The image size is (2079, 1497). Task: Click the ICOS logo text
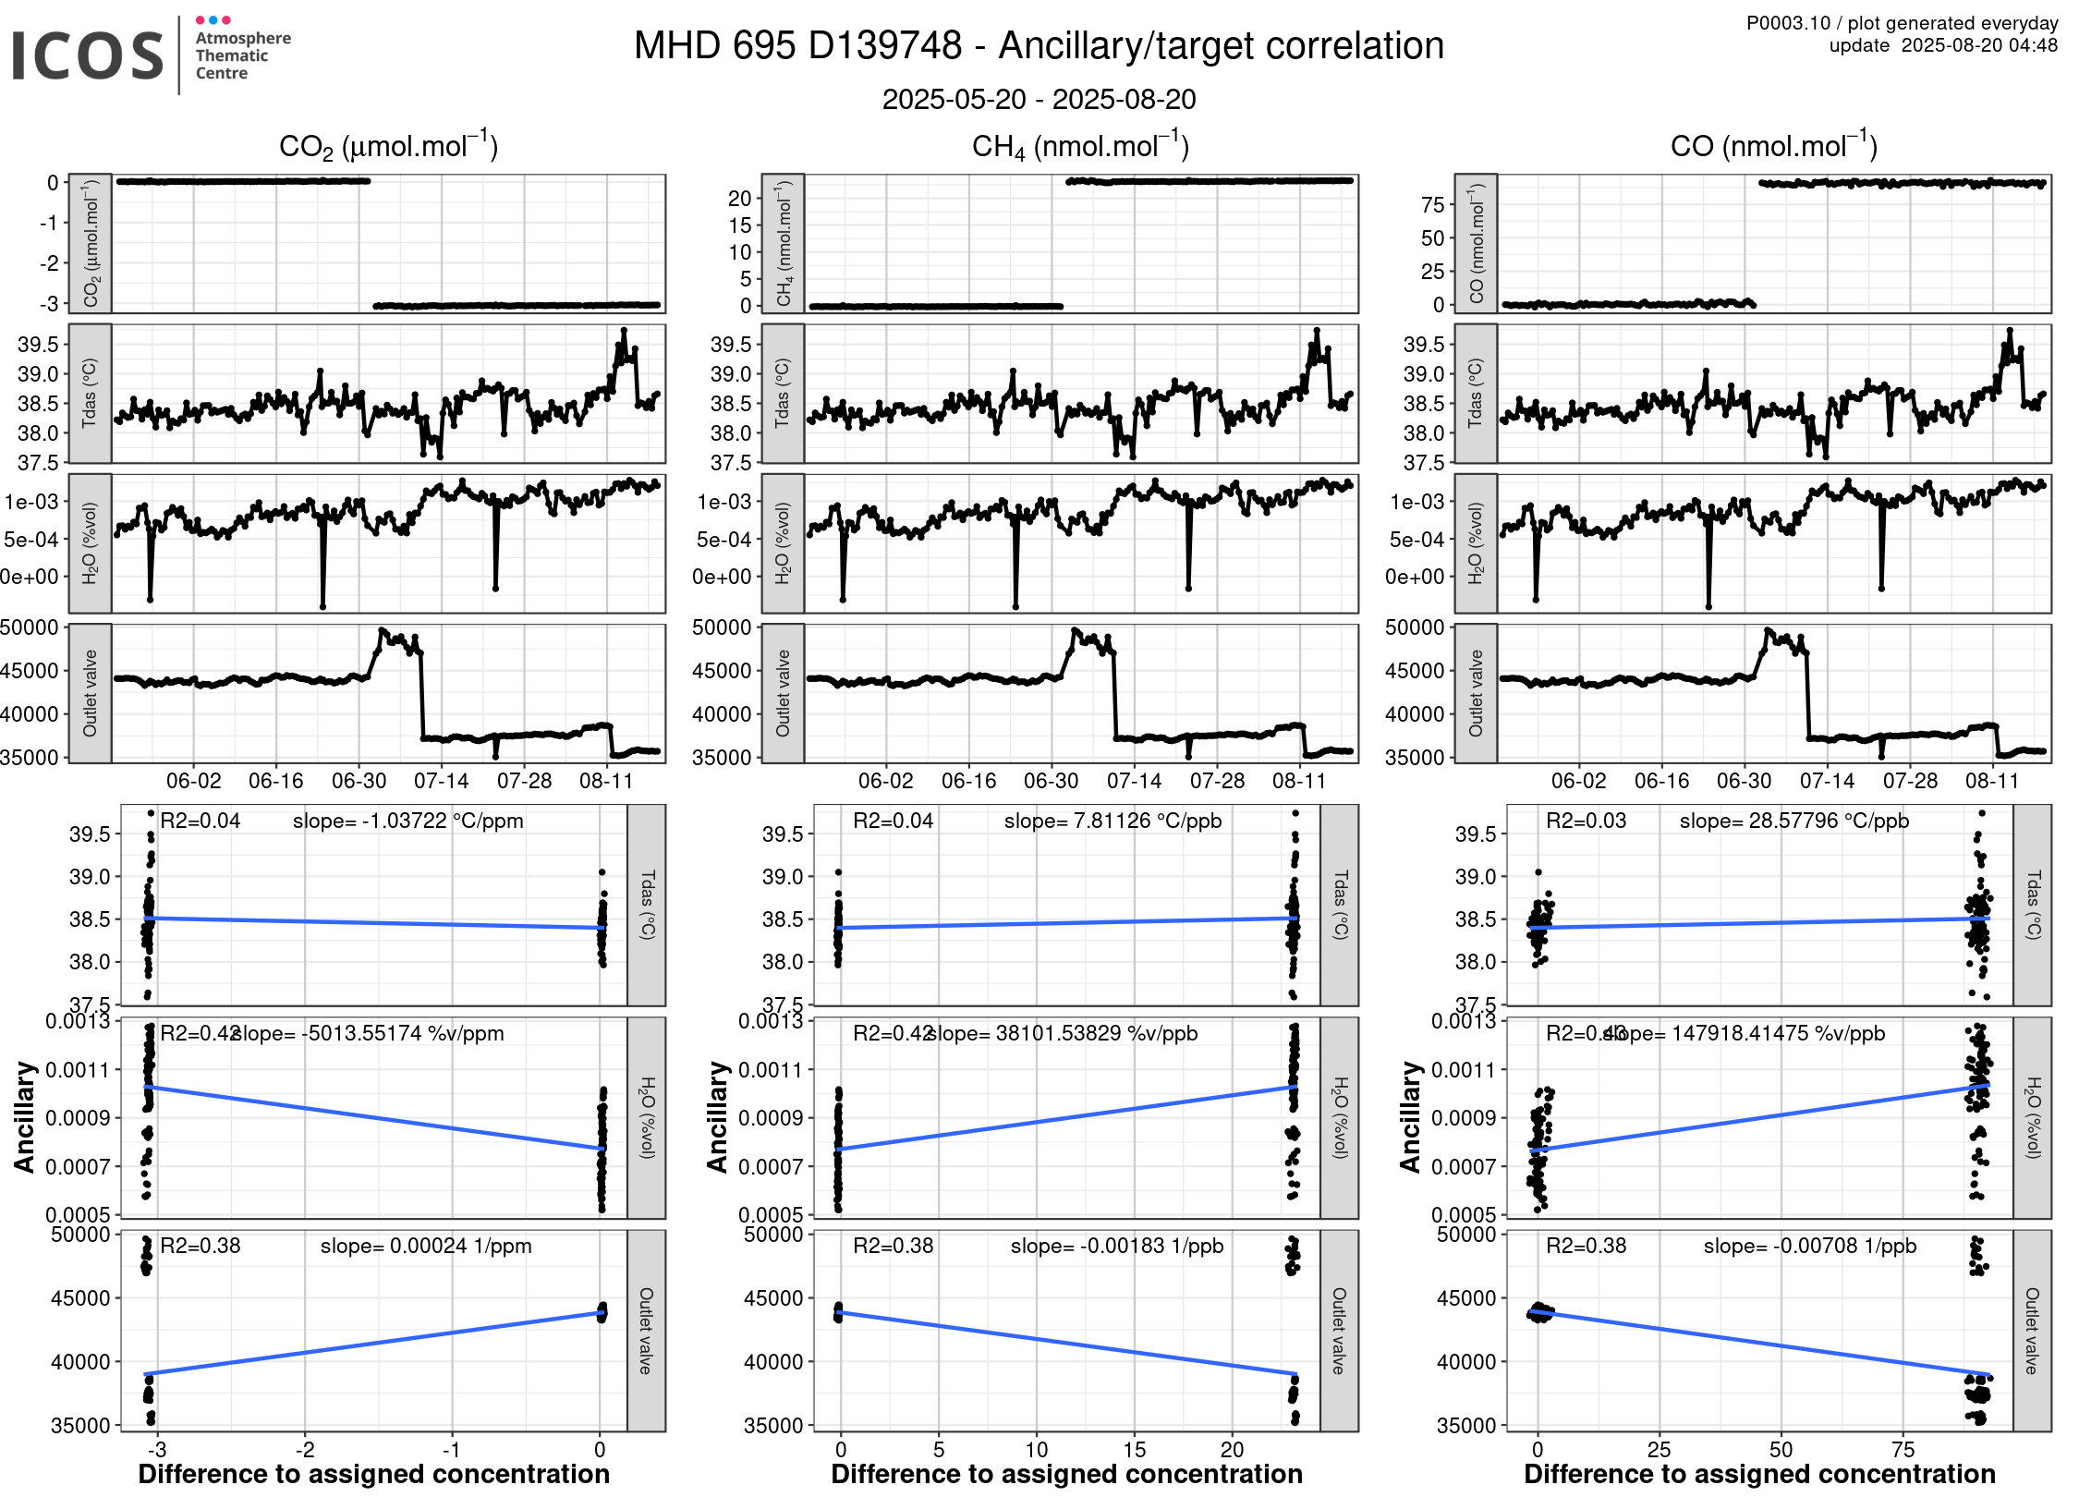click(88, 55)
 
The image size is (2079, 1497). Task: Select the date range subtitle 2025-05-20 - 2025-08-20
click(1039, 99)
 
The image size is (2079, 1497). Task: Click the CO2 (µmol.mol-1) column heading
click(388, 147)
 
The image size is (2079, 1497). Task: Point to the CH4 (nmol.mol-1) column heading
click(1080, 147)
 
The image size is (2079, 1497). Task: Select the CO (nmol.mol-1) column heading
click(1773, 146)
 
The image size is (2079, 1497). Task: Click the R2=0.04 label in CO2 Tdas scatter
click(200, 821)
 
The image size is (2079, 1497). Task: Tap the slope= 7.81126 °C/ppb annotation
click(1112, 821)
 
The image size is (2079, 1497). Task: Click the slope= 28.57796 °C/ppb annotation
click(1793, 821)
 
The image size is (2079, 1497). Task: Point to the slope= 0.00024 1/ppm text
click(426, 1246)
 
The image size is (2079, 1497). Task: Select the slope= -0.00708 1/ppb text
click(1809, 1246)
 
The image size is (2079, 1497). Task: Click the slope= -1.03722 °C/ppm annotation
click(407, 821)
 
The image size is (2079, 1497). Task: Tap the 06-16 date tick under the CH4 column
click(968, 781)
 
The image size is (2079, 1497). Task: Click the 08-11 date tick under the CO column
click(1992, 781)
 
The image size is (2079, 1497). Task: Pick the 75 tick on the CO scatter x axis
click(1903, 1449)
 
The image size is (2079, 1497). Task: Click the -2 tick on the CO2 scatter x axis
click(305, 1449)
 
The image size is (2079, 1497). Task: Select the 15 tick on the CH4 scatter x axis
click(1134, 1449)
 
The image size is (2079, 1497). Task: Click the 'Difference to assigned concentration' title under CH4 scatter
click(1066, 1474)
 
